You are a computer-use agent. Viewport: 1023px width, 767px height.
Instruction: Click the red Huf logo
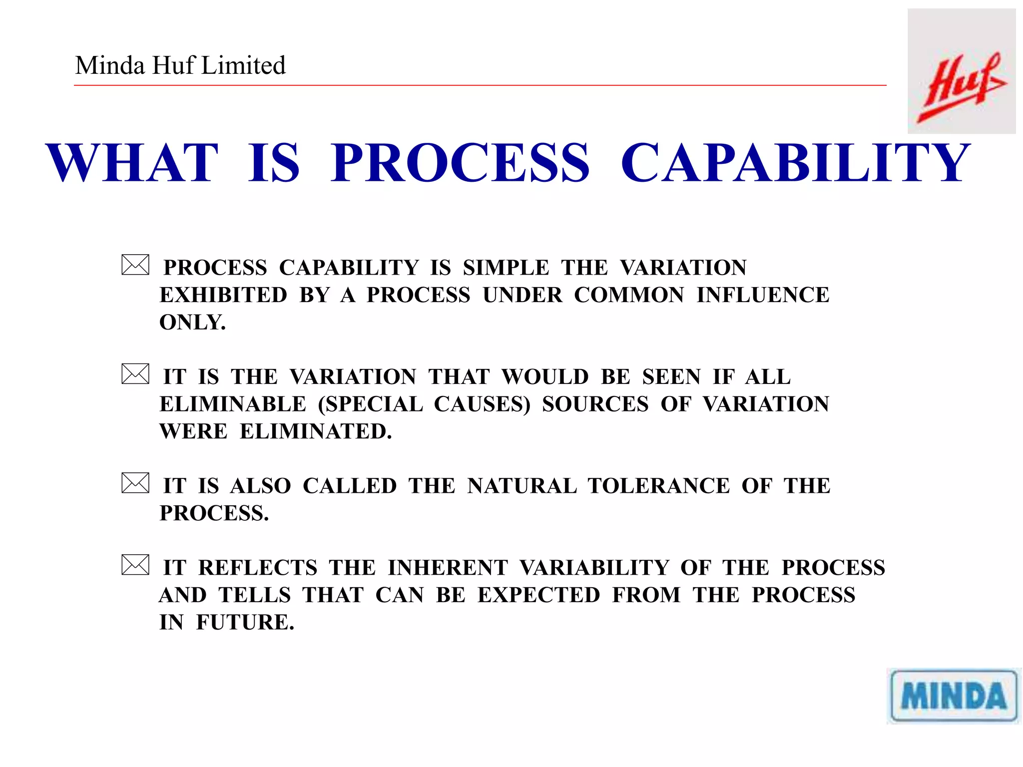pyautogui.click(x=962, y=87)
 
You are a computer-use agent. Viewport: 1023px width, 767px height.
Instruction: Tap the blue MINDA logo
pyautogui.click(x=954, y=696)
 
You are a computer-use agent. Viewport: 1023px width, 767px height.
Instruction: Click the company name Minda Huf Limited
pyautogui.click(x=180, y=65)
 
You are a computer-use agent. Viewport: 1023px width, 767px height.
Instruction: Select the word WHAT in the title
pyautogui.click(x=132, y=163)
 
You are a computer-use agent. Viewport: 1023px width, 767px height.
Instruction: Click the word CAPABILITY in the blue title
pyautogui.click(x=795, y=163)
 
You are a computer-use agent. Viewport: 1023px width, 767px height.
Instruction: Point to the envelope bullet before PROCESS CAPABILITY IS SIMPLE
pyautogui.click(x=135, y=265)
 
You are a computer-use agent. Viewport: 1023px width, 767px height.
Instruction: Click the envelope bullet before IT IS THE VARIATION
pyautogui.click(x=135, y=374)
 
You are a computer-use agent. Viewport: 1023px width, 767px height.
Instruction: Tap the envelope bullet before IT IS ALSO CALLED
pyautogui.click(x=135, y=483)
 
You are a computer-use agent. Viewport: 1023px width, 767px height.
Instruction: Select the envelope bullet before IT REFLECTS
pyautogui.click(x=135, y=565)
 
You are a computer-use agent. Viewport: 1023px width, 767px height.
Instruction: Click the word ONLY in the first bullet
pyautogui.click(x=192, y=323)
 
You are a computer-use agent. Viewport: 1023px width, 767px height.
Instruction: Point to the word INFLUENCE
pyautogui.click(x=763, y=295)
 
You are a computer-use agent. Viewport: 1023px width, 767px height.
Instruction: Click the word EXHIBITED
pyautogui.click(x=223, y=295)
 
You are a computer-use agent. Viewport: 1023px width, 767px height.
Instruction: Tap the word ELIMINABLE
pyautogui.click(x=233, y=404)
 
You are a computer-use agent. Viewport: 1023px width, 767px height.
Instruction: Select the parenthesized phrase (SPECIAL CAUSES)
pyautogui.click(x=424, y=404)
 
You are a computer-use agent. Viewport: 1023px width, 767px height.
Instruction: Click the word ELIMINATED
pyautogui.click(x=315, y=431)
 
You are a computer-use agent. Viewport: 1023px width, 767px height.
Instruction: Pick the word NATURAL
pyautogui.click(x=522, y=486)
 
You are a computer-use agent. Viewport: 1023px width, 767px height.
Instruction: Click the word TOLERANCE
pyautogui.click(x=659, y=486)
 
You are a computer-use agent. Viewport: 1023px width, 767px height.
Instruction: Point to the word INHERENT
pyautogui.click(x=448, y=568)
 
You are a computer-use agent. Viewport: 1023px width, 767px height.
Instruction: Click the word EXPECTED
pyautogui.click(x=538, y=595)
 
